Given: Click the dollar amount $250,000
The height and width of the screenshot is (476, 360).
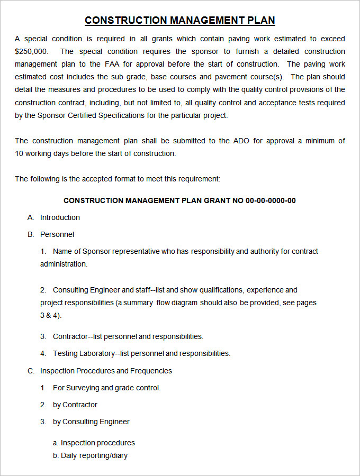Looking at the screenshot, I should (x=31, y=51).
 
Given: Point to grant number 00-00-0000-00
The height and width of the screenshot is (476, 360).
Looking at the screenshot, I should (x=271, y=200).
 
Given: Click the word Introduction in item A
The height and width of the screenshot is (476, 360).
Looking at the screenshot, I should (x=60, y=217).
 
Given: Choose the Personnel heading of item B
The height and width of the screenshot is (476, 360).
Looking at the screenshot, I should (x=57, y=234).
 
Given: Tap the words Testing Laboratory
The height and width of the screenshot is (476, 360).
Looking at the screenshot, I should (x=84, y=353).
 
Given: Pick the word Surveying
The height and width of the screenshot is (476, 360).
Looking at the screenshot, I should (x=83, y=388).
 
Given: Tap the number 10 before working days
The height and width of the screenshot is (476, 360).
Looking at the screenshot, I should (x=19, y=153).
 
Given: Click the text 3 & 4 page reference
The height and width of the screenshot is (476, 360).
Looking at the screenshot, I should (x=50, y=315).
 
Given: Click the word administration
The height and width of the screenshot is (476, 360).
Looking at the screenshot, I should (x=64, y=264).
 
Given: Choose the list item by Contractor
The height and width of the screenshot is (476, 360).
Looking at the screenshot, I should (x=75, y=405).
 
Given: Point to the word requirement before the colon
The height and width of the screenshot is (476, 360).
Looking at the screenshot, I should (x=198, y=179).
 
